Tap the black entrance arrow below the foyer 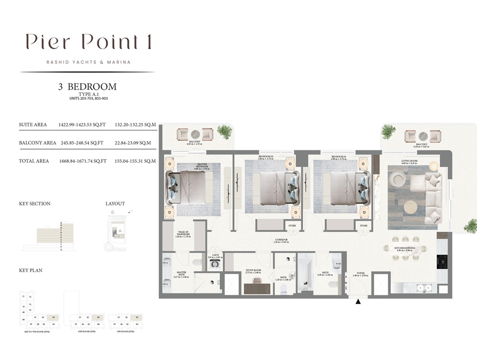[358, 301]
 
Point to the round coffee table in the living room [410, 207]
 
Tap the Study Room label [253, 271]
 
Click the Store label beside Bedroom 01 [363, 226]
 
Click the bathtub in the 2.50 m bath [304, 275]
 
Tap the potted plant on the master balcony [224, 131]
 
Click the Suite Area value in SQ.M [135, 125]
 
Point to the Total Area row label [34, 161]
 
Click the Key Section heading [34, 204]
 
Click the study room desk [257, 288]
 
